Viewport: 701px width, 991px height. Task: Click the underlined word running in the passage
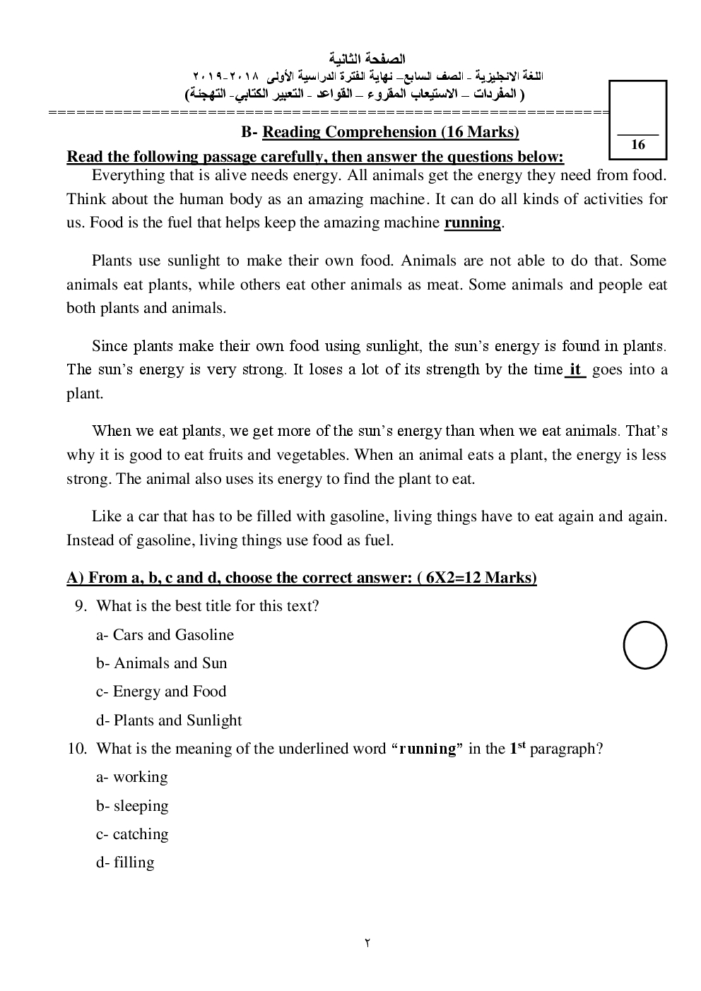tap(472, 223)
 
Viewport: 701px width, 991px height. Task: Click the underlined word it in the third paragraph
tap(575, 369)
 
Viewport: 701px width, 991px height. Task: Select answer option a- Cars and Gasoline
tap(165, 635)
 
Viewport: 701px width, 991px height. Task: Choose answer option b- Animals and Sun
tap(162, 663)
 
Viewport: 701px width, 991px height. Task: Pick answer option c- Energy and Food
tap(161, 692)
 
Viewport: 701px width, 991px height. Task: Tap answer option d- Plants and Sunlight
tap(169, 720)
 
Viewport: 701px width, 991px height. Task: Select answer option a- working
tap(132, 777)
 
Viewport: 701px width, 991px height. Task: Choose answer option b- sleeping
tap(132, 806)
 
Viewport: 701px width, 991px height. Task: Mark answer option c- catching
tap(132, 834)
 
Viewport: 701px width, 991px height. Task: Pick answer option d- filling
tap(125, 862)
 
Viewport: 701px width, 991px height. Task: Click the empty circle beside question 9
tap(644, 645)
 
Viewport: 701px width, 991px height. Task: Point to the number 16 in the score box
tap(638, 145)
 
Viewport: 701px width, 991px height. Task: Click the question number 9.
tap(80, 606)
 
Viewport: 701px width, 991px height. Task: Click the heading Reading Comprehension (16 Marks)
tap(391, 132)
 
